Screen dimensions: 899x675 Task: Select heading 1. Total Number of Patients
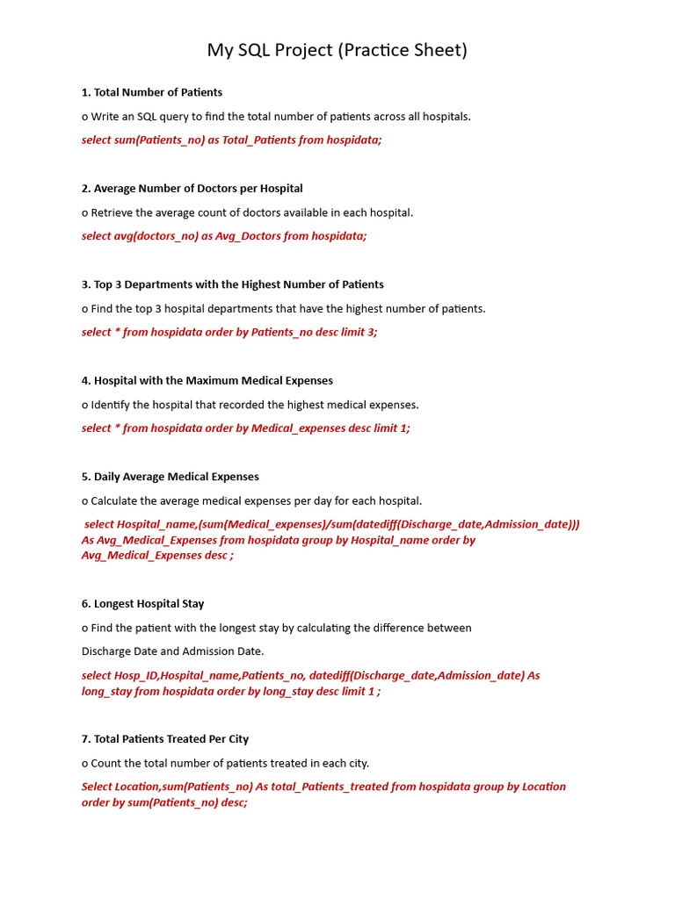(x=151, y=92)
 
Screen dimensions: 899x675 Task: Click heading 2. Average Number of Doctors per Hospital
(x=192, y=188)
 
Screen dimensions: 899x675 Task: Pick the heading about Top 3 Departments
(x=232, y=284)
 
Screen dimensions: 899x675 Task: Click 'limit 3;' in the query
(x=359, y=332)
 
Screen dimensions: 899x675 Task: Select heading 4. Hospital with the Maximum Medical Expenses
(x=207, y=380)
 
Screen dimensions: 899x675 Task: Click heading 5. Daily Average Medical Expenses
(x=170, y=477)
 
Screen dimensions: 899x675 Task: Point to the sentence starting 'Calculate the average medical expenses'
(x=256, y=500)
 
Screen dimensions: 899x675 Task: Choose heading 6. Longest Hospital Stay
(x=142, y=603)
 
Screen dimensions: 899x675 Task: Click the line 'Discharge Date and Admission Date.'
(x=172, y=651)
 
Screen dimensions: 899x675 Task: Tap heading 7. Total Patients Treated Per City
(x=164, y=739)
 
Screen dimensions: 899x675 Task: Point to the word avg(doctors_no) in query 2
(x=156, y=235)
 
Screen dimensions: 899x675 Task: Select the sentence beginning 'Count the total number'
(x=229, y=763)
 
